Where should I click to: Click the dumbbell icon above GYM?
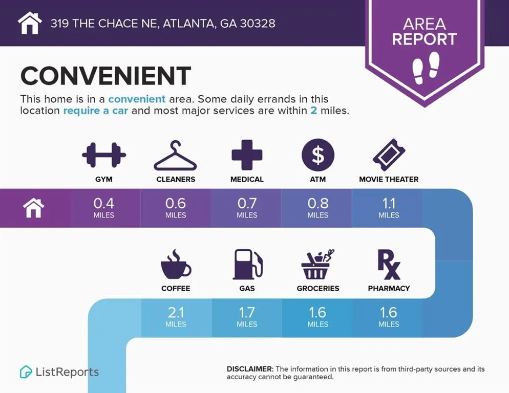104,155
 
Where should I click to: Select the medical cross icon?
247,155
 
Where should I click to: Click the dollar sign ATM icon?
318,155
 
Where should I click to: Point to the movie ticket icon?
389,155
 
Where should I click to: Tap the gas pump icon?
247,265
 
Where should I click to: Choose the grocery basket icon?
318,265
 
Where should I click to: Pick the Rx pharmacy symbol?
389,265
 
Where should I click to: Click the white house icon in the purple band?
33,208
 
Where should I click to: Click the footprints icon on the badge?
426,68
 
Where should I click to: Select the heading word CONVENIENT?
106,76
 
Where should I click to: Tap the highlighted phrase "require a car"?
96,111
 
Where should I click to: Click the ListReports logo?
59,372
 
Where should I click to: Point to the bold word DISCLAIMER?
250,369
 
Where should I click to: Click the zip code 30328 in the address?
258,24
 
